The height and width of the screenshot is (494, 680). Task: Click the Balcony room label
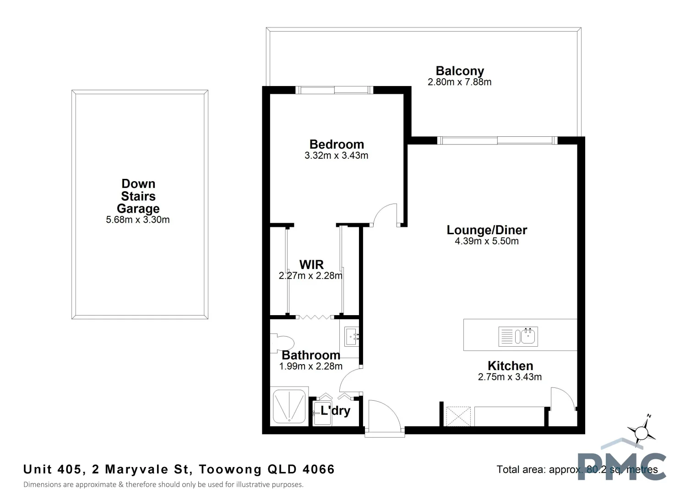[460, 71]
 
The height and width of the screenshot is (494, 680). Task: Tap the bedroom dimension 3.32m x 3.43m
[336, 156]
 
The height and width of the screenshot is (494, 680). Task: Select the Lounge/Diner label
[487, 230]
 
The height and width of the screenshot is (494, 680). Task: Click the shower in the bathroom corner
[289, 406]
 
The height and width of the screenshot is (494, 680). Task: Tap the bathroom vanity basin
[352, 337]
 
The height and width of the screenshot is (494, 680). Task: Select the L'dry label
[335, 411]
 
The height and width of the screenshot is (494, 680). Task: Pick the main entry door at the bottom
[385, 416]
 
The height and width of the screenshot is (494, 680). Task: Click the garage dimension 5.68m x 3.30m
[138, 220]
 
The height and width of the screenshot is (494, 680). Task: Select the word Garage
[138, 209]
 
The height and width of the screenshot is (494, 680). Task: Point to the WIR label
[311, 264]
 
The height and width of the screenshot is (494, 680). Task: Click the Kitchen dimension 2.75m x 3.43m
[510, 377]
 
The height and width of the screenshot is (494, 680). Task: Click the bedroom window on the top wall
[334, 90]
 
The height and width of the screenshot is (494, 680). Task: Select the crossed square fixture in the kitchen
[458, 416]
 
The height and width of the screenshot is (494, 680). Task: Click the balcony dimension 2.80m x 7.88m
[459, 82]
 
